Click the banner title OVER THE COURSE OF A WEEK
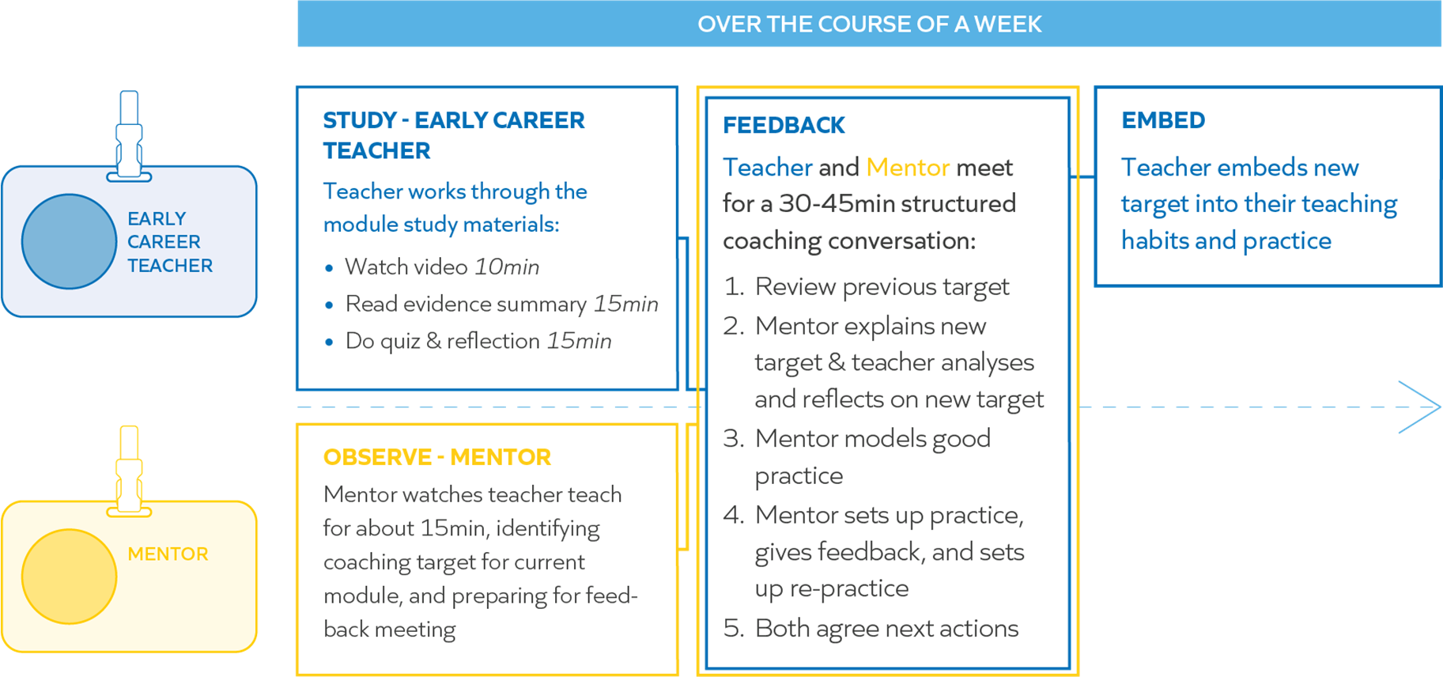869,25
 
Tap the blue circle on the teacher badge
70,241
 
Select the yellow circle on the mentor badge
70,577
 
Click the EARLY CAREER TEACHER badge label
170,242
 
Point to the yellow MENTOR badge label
168,554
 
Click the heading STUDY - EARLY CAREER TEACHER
454,135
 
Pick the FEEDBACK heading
784,125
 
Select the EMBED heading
1163,120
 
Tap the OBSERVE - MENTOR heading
437,457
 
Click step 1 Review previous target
867,286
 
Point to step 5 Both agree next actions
871,628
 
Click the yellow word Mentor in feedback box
908,167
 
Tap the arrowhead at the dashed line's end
1421,407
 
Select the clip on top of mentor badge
129,471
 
